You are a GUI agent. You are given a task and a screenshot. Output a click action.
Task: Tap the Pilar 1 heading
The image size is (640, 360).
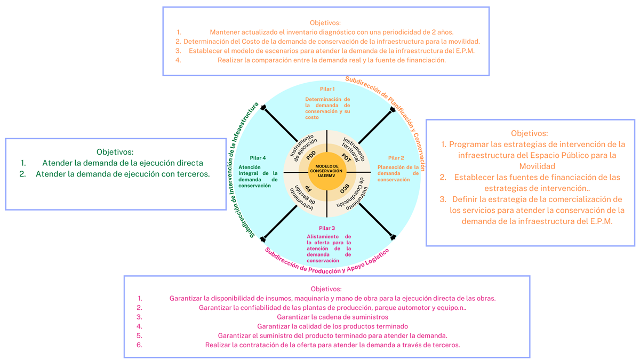click(x=327, y=89)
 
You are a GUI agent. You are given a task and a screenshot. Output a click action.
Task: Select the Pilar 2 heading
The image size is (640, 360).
click(x=396, y=158)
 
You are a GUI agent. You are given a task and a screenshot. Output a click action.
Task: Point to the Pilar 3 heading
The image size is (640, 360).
click(x=327, y=228)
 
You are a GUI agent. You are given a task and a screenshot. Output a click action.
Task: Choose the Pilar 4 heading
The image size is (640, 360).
click(x=258, y=158)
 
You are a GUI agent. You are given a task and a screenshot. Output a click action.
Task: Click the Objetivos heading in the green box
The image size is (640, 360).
click(x=115, y=152)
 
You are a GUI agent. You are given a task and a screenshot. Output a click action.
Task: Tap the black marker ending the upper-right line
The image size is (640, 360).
click(x=393, y=110)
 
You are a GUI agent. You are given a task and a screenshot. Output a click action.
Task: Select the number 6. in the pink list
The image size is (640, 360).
click(x=140, y=345)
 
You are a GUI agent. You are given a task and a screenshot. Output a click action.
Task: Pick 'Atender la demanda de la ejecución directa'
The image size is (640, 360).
click(x=123, y=163)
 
